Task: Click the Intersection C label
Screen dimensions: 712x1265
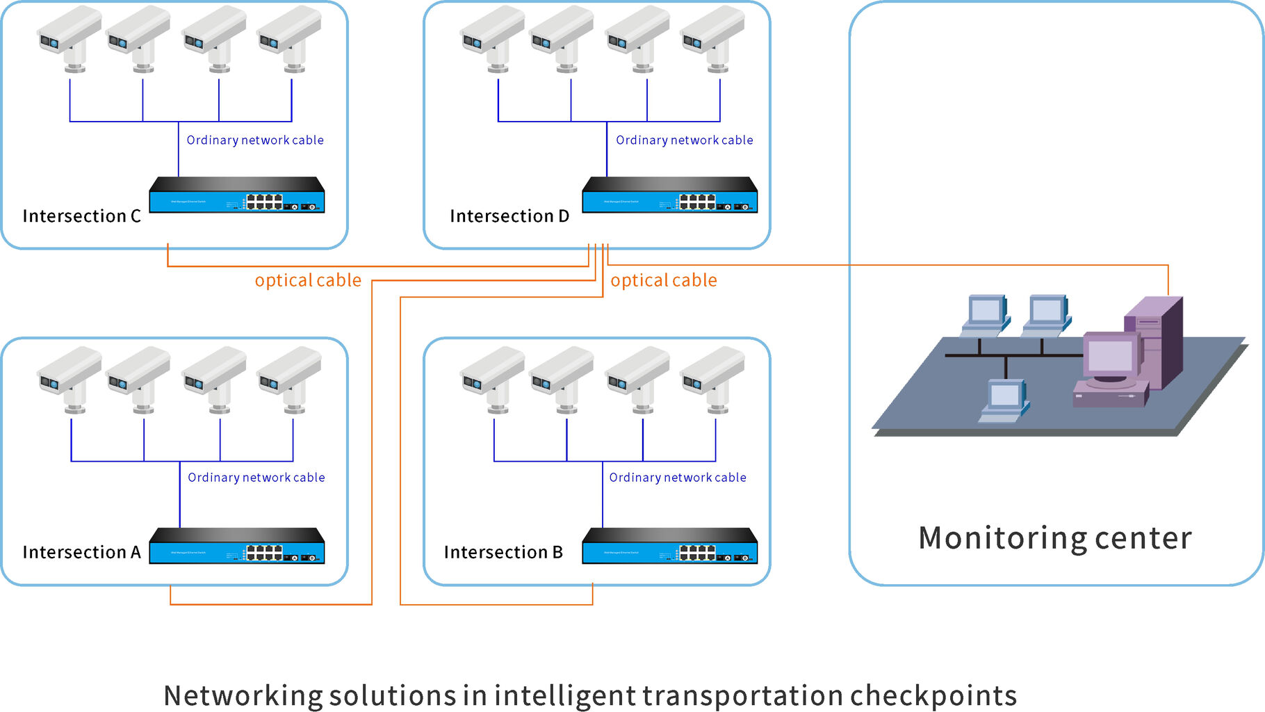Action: pyautogui.click(x=81, y=216)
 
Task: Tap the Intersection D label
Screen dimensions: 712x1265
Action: pyautogui.click(x=509, y=216)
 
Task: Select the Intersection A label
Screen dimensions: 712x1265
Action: pyautogui.click(x=81, y=552)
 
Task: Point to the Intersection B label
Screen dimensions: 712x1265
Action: pyautogui.click(x=503, y=552)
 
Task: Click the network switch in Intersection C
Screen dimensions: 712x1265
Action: pyautogui.click(x=237, y=195)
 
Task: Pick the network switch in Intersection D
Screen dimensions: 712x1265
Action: pyautogui.click(x=669, y=195)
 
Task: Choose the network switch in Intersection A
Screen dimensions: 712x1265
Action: pyautogui.click(x=237, y=547)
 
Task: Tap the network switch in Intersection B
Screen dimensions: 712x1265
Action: pyautogui.click(x=669, y=547)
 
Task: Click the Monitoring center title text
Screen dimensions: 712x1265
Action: pyautogui.click(x=1054, y=538)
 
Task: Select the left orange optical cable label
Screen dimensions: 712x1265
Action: pyautogui.click(x=308, y=280)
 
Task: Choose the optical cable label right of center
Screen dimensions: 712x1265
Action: pyautogui.click(x=664, y=280)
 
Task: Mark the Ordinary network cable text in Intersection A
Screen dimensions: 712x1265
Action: pyautogui.click(x=256, y=478)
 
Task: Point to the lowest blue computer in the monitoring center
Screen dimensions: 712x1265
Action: pyautogui.click(x=1004, y=400)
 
